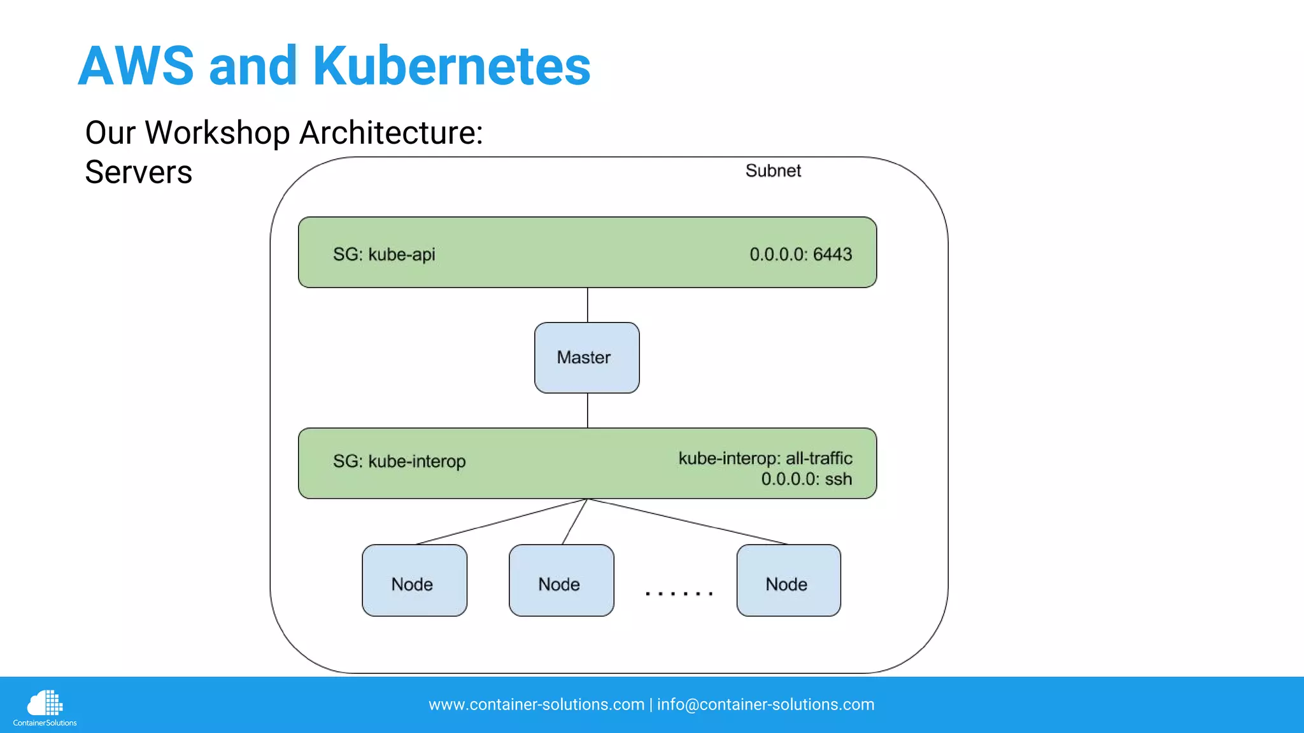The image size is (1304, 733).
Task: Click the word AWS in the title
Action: tap(136, 66)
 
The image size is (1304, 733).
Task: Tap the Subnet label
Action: tap(773, 171)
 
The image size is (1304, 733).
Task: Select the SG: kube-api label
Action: tap(384, 254)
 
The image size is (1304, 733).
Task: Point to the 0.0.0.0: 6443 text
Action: tap(800, 254)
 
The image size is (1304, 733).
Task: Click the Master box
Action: tap(586, 358)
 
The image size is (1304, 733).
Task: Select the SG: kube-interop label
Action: tap(399, 461)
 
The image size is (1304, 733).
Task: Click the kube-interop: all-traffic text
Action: tap(765, 458)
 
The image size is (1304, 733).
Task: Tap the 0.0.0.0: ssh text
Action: tap(806, 479)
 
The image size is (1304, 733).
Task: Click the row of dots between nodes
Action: tap(679, 593)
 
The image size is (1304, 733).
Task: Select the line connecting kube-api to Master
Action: tap(587, 305)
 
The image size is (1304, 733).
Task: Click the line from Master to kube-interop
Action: tap(587, 410)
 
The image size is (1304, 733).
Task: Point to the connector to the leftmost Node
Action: tap(501, 522)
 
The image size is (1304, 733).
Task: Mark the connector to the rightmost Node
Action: tap(688, 522)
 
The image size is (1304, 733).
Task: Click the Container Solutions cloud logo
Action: tap(45, 704)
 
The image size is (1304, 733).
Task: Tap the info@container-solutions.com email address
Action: tap(765, 704)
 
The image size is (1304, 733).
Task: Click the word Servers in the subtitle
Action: tap(138, 172)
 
